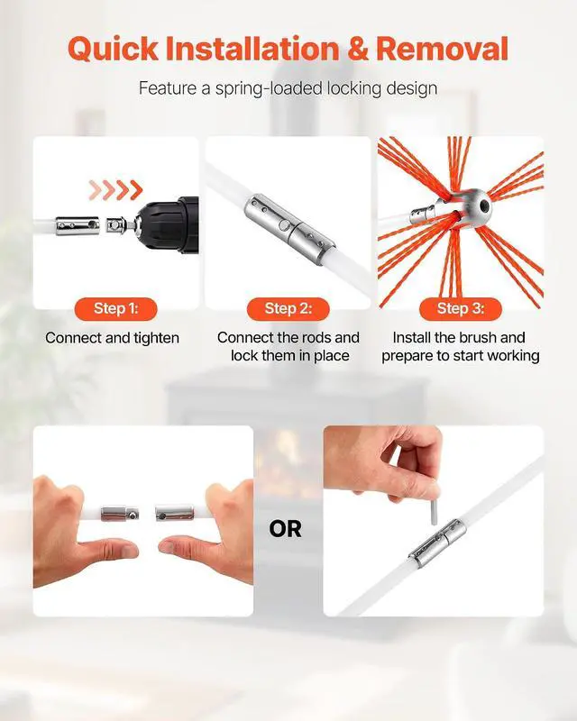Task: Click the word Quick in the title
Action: (x=113, y=49)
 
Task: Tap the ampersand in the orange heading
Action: (x=358, y=49)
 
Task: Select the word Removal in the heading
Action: (x=442, y=49)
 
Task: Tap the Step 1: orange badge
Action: (x=116, y=308)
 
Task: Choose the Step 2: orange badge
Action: (x=288, y=308)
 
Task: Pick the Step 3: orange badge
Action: (x=461, y=308)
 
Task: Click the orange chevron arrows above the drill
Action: (x=115, y=189)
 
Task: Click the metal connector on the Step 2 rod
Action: (x=289, y=230)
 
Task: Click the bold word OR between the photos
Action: (x=285, y=529)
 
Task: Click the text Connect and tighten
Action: (x=113, y=338)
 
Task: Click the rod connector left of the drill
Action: (x=78, y=226)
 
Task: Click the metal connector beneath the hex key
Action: (x=437, y=543)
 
